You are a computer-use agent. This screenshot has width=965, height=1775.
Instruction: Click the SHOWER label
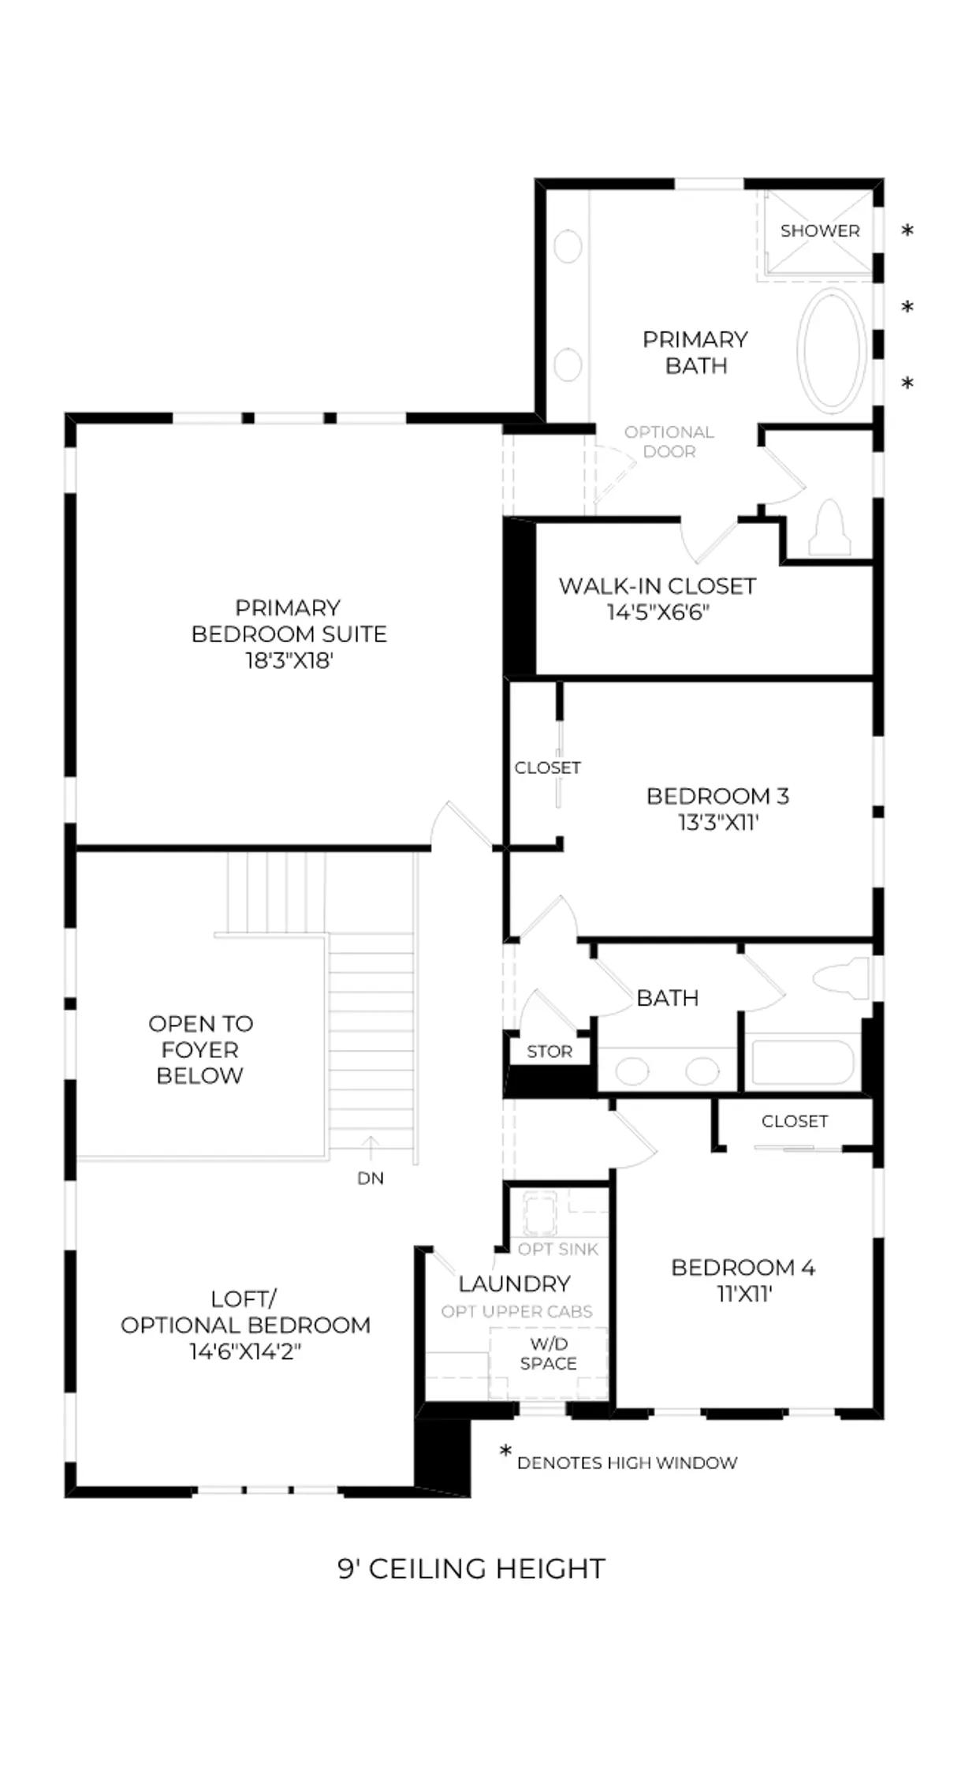click(x=820, y=231)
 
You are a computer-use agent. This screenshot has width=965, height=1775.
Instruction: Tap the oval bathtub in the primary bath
click(x=832, y=350)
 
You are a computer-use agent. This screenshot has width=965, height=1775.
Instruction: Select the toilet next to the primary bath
click(x=829, y=527)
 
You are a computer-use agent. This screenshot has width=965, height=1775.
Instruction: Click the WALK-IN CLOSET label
click(x=658, y=586)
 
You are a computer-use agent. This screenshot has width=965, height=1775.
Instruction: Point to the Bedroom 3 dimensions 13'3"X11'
click(x=717, y=823)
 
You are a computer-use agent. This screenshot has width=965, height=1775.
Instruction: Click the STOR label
click(x=550, y=1052)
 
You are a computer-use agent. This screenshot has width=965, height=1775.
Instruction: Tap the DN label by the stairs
click(x=371, y=1179)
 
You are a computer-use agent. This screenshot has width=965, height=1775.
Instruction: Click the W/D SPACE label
click(x=549, y=1354)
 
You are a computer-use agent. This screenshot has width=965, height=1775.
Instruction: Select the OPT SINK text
click(x=558, y=1250)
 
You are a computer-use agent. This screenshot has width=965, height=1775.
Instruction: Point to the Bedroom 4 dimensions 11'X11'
click(x=743, y=1295)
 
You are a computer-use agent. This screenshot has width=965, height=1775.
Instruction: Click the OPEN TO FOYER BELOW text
click(x=200, y=1050)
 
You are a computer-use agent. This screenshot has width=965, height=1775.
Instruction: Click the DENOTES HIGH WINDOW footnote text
click(x=628, y=1463)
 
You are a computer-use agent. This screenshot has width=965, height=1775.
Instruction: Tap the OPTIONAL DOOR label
click(x=669, y=442)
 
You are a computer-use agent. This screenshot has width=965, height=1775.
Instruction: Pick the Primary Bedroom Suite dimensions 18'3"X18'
click(x=289, y=661)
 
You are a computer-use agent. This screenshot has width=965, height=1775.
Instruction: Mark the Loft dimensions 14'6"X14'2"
click(x=245, y=1352)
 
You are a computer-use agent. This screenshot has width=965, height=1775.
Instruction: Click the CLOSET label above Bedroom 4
click(x=795, y=1122)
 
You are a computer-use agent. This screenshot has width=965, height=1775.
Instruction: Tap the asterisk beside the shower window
click(x=907, y=230)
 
